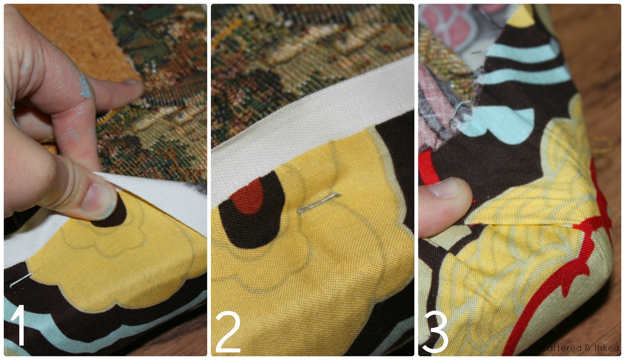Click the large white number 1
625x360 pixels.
pos(19,325)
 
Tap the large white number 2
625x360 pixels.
pos(228,332)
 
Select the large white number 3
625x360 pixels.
pos(435,332)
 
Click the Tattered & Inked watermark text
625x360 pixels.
pos(581,348)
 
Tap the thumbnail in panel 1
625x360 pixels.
pos(100,201)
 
